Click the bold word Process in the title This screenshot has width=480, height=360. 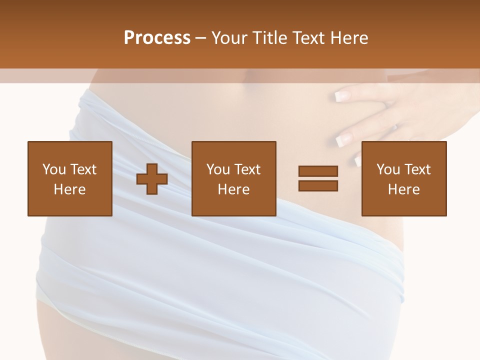(x=157, y=38)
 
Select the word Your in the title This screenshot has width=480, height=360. (x=228, y=38)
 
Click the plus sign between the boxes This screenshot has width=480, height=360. (x=152, y=179)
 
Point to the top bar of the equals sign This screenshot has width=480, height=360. (x=318, y=172)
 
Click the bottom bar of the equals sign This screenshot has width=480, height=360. (x=318, y=185)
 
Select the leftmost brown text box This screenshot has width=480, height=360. (x=70, y=178)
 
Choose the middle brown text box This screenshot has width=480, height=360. (x=234, y=178)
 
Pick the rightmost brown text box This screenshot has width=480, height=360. (x=404, y=178)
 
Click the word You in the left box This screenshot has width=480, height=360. (x=54, y=169)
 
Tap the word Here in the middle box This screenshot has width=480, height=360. (x=234, y=189)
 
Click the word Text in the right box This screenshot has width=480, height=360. (x=417, y=169)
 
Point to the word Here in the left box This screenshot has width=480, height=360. (x=70, y=189)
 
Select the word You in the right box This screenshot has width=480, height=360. (x=388, y=169)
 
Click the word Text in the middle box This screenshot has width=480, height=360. (x=247, y=169)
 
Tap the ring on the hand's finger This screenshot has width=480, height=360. (x=394, y=127)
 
